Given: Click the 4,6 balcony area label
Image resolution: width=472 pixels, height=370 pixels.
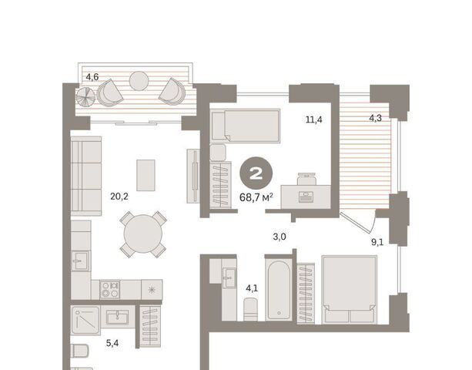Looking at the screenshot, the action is point(92,77).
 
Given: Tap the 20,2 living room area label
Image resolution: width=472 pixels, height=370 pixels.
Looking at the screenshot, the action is point(119,197).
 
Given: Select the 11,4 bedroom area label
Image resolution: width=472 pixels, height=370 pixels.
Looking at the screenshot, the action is point(314,120).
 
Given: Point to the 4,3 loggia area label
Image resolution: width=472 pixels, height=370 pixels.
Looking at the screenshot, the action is point(376,118).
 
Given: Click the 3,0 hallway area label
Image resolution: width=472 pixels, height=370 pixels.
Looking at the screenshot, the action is point(280,237).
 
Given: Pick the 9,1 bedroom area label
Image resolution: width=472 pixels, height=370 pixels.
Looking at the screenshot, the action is point(377,242).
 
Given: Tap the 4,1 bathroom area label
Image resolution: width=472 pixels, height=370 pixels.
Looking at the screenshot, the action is point(252,288).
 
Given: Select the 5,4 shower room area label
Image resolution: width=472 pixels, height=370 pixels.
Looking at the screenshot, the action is point(112,343).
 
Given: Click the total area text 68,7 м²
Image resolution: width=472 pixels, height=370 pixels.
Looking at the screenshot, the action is point(256,198).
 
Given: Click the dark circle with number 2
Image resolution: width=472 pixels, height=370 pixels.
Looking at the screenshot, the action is point(256,173).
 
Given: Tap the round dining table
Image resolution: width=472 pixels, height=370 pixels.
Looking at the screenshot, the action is point(143,234).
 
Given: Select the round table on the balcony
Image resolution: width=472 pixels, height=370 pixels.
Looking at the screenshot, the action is point(139,81).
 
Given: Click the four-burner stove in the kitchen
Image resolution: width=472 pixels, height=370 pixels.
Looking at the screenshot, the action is point(110,289).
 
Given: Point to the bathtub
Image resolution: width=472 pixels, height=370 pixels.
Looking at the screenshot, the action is point(279,290).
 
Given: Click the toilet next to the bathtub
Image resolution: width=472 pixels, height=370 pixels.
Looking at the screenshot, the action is point(250,309).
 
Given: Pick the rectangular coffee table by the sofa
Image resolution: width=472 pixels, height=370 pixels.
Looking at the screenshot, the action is point(146,175).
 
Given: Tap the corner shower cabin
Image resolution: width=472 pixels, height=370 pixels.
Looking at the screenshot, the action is point(85,321).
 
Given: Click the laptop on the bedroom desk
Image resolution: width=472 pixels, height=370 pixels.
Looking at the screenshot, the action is point(306,197).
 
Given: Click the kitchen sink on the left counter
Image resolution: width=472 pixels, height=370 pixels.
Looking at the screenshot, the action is point(80,261).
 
